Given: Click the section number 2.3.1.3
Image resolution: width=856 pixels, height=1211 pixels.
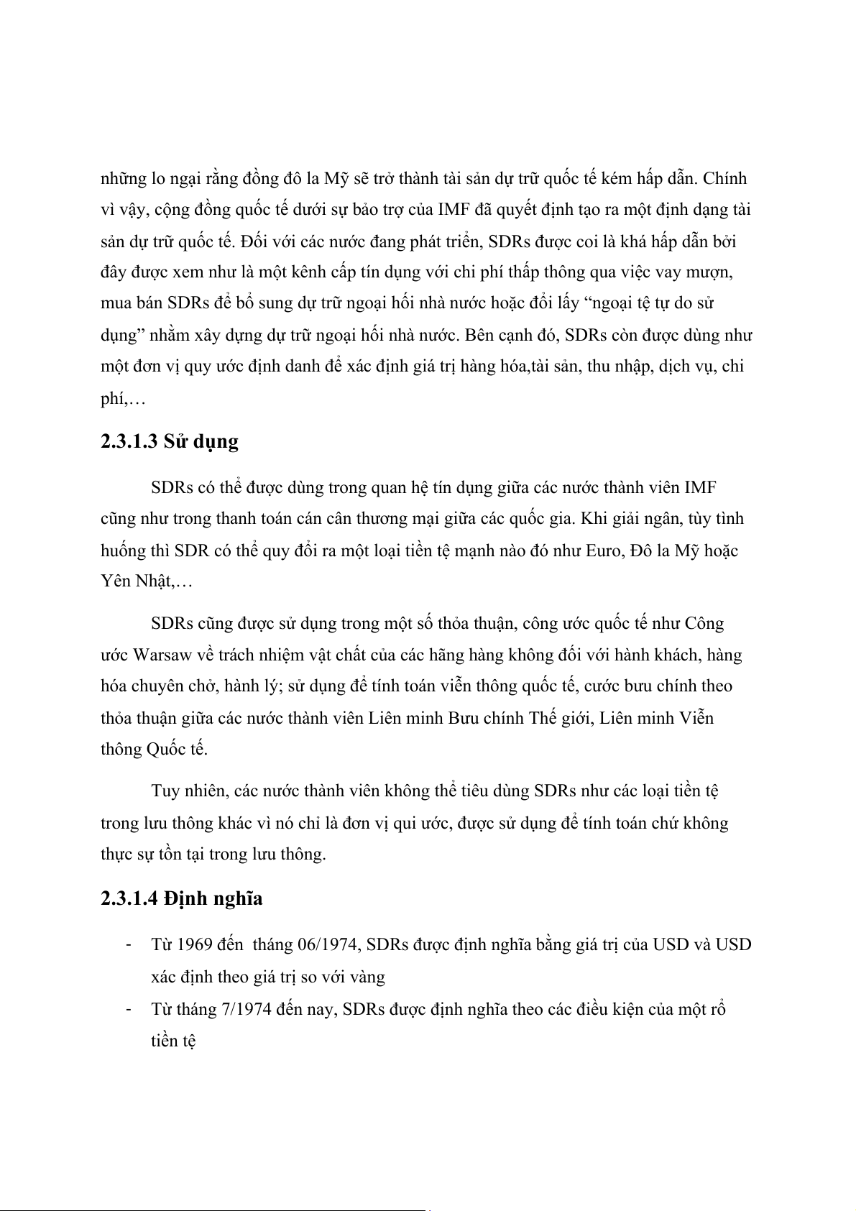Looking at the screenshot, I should point(129,441).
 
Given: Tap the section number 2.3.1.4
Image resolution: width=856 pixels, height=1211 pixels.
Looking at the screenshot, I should point(129,898).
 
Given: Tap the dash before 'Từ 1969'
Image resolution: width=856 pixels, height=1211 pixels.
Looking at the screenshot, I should point(127,944).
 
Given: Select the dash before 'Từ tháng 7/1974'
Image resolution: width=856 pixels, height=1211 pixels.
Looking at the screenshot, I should point(127,1008).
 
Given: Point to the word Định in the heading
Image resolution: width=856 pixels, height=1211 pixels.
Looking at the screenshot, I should point(185,898).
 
